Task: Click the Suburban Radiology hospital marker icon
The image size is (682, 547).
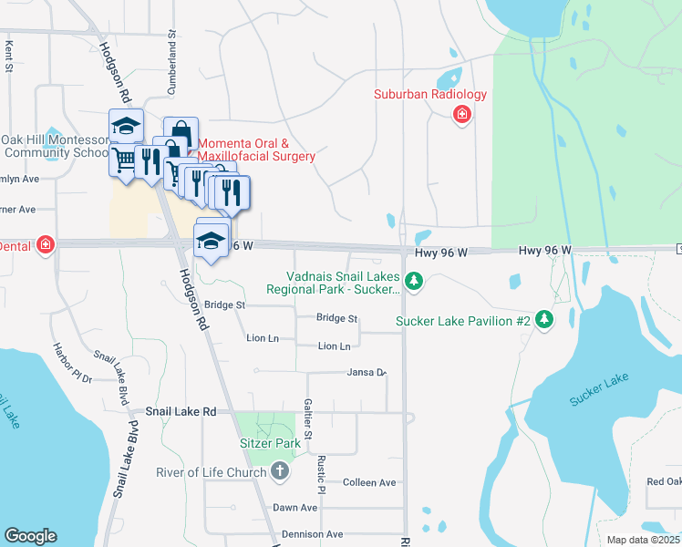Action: (462, 114)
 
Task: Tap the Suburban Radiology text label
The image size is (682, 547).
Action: (430, 95)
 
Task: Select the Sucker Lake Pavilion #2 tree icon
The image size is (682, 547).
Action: (544, 318)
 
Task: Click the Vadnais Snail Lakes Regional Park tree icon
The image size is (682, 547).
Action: (415, 281)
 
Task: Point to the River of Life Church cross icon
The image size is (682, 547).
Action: (280, 471)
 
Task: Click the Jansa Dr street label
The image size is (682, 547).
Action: (367, 372)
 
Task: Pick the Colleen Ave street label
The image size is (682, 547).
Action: (369, 482)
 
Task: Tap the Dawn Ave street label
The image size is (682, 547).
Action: (294, 508)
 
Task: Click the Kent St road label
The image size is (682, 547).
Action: (9, 56)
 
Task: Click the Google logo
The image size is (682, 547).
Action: (30, 535)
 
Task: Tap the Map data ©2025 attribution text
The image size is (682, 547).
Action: (642, 540)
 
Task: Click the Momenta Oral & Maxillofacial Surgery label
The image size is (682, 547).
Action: (256, 150)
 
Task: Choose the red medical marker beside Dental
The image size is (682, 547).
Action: (45, 244)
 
